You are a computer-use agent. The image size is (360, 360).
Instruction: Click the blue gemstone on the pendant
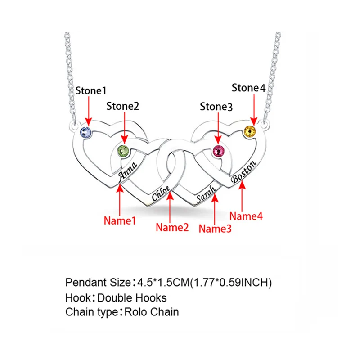85,133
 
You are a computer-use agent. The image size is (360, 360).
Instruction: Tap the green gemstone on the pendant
123,151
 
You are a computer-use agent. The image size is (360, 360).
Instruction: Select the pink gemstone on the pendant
219,152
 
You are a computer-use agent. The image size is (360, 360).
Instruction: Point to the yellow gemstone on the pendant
250,132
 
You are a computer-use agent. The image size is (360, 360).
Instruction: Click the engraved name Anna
128,171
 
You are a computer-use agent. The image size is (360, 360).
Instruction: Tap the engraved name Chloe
161,193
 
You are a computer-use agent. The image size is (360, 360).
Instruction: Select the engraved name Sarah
206,194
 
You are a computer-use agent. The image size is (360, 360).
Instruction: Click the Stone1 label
91,91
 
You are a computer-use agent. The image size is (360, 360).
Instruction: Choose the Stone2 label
122,106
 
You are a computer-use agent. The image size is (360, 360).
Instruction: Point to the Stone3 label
216,107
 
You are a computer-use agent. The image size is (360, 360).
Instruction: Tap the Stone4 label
248,88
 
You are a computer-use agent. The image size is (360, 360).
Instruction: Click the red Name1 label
120,220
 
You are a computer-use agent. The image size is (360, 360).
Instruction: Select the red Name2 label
172,228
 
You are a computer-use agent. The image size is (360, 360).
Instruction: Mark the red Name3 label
215,229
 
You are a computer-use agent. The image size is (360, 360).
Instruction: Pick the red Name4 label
246,216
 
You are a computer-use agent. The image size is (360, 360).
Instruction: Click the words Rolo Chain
152,312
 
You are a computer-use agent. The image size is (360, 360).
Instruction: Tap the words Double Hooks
132,298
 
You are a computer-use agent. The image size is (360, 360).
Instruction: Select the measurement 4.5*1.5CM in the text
163,283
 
